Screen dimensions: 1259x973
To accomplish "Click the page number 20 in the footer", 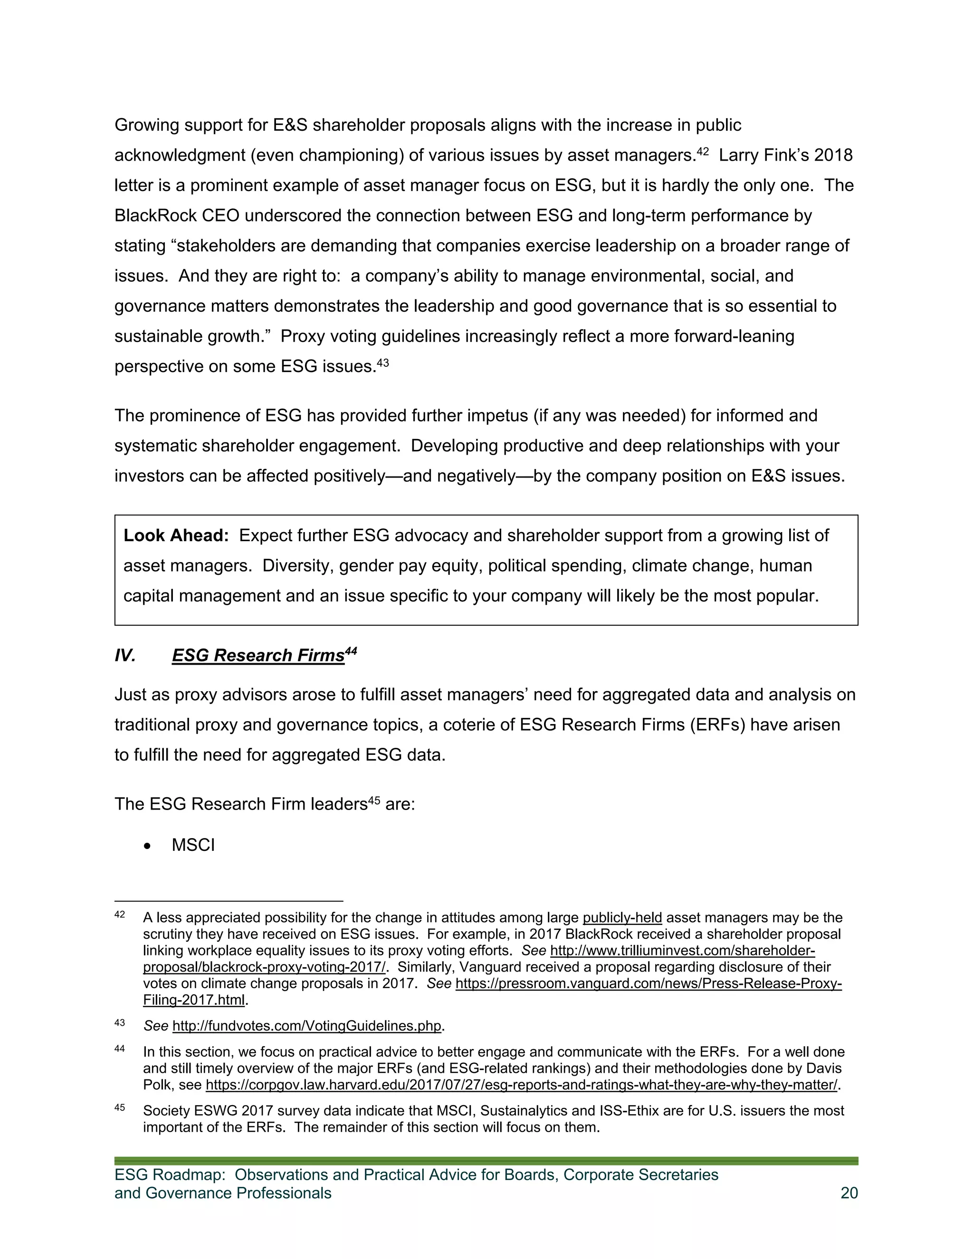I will click(x=849, y=1192).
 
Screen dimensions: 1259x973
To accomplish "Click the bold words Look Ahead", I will click(x=176, y=535).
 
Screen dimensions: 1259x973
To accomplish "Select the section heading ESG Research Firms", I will click(x=258, y=656).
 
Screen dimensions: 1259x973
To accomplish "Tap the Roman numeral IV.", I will click(x=125, y=656).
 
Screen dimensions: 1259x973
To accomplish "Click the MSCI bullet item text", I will click(x=193, y=845).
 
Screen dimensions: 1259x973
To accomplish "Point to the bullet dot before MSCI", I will click(x=148, y=846).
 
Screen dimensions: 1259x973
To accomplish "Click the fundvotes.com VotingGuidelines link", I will click(x=306, y=1026).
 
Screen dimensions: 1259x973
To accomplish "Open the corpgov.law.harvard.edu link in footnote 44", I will click(x=521, y=1085).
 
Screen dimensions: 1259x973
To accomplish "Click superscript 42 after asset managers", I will click(x=703, y=152).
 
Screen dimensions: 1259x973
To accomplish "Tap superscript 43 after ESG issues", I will click(x=383, y=362).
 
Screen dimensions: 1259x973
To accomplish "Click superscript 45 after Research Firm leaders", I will click(x=373, y=800).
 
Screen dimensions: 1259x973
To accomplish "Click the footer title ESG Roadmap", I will click(x=170, y=1175).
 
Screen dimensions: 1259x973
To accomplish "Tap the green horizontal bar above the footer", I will click(x=486, y=1161).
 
